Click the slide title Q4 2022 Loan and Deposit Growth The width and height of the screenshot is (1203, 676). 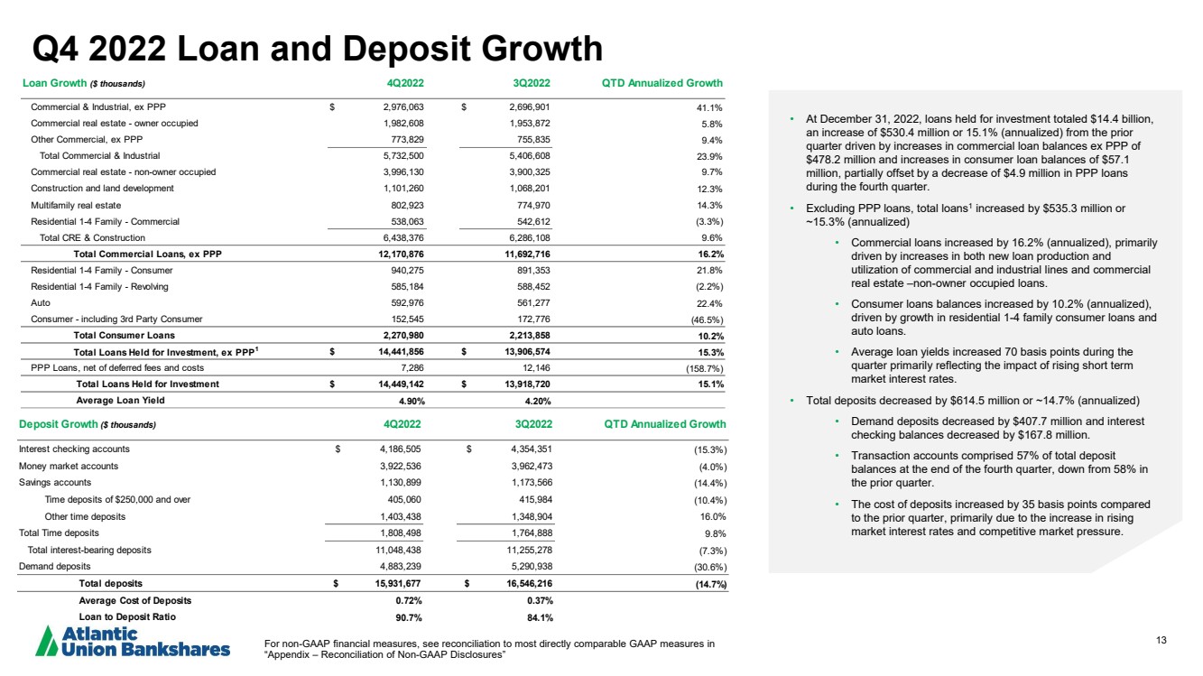[x=317, y=49]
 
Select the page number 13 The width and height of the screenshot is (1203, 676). [x=1161, y=641]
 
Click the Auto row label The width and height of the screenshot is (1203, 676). [x=40, y=302]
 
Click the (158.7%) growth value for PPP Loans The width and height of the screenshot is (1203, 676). [x=701, y=367]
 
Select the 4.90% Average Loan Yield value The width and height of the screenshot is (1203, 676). [x=411, y=401]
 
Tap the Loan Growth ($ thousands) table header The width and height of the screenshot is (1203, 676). [x=81, y=84]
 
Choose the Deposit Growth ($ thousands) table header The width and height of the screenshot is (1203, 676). [x=88, y=424]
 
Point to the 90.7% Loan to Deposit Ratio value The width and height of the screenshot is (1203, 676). [x=411, y=616]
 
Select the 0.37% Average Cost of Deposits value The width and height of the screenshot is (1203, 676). [x=540, y=600]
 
